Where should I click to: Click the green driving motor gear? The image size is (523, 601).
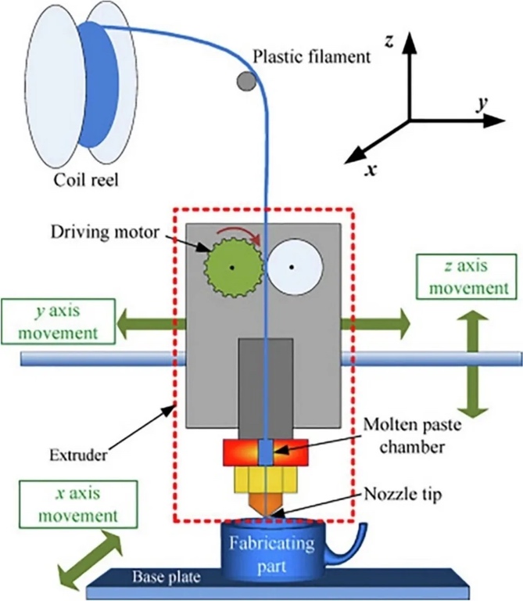232,267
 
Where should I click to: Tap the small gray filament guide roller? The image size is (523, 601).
245,80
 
